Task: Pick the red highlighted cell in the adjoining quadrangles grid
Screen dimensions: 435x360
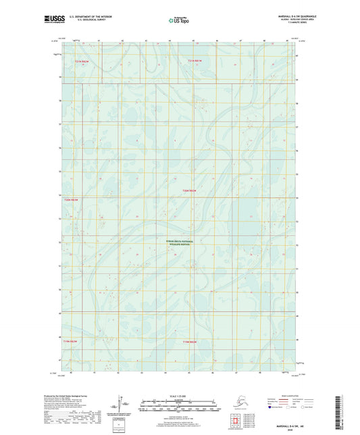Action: click(x=236, y=424)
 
